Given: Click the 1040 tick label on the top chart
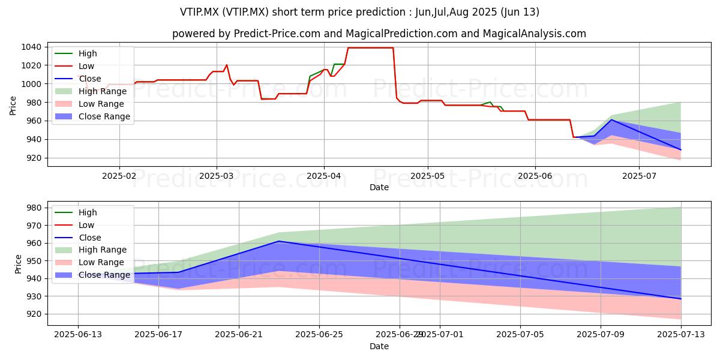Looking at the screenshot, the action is point(31,47).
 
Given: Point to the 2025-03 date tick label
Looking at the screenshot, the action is point(217,176).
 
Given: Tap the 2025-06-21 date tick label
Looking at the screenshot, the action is point(239,335).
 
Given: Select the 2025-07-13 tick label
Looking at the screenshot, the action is point(681,335).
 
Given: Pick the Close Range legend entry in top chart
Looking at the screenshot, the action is point(92,116).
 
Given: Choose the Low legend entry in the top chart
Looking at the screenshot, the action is point(74,66).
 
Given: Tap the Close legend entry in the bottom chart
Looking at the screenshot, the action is point(78,238).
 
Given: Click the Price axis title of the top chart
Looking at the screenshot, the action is point(13,106).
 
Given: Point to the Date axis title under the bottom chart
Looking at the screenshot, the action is point(379,347).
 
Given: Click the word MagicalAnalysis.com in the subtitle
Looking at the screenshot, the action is point(534,34).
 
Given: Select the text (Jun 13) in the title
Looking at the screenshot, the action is point(520,12).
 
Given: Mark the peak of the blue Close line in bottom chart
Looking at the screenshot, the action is point(278,241).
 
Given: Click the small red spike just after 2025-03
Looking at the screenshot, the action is point(227,65).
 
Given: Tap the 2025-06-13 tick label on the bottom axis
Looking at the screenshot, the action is point(78,335).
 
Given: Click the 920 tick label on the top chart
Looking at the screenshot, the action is point(34,158).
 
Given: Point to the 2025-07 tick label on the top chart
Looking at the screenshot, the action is point(639,176).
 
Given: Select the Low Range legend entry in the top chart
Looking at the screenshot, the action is point(89,104).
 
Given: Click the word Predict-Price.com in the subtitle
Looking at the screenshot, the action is point(277,34).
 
